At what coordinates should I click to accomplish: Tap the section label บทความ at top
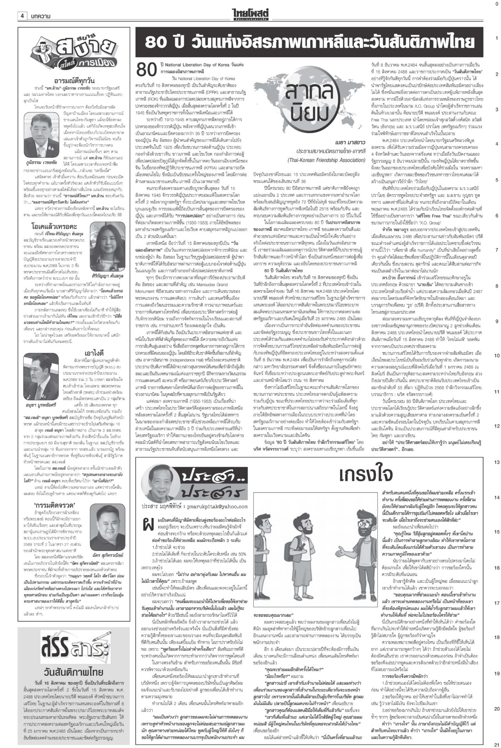(x=41, y=16)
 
